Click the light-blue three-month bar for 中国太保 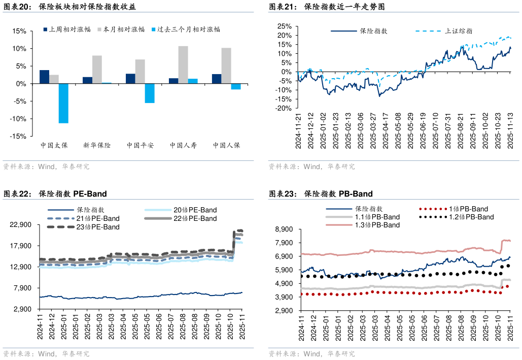point(63,104)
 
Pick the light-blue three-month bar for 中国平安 point(150,93)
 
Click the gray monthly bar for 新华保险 point(97,70)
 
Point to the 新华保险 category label point(97,146)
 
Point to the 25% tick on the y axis point(284,26)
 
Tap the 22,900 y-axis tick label point(21,225)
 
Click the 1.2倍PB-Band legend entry point(471,217)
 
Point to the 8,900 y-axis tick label point(285,230)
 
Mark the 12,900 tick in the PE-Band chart point(21,267)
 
